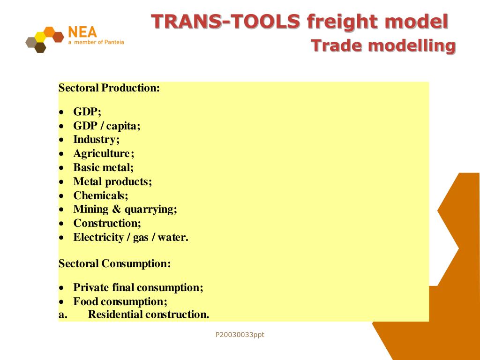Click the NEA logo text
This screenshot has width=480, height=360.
(x=82, y=32)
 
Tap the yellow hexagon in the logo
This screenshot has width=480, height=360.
(x=41, y=37)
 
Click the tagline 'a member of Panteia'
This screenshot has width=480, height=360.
(x=96, y=43)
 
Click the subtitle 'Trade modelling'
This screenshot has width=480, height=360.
(x=383, y=46)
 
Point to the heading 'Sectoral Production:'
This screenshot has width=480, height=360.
(x=109, y=88)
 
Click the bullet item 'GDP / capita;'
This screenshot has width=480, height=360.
(x=106, y=126)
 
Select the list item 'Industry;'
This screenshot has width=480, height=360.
(x=96, y=140)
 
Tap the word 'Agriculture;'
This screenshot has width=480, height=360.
(x=104, y=153)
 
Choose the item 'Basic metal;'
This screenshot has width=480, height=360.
(x=103, y=167)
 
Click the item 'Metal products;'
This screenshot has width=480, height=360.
(x=112, y=181)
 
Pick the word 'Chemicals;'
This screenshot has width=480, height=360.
(x=100, y=195)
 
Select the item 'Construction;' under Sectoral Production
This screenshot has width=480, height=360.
(x=107, y=223)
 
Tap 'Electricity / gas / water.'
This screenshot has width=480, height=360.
(x=130, y=237)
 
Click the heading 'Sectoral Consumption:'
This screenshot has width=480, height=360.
(x=114, y=263)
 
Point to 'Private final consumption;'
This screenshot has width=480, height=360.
(x=138, y=287)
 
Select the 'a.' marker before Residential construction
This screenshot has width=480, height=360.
(x=63, y=315)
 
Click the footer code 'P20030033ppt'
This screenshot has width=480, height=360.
(x=240, y=335)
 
